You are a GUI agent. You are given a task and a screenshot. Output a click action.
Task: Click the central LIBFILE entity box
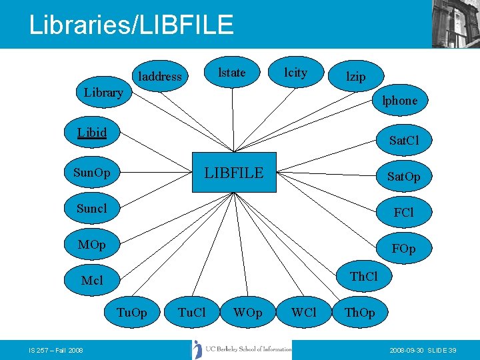tap(234, 173)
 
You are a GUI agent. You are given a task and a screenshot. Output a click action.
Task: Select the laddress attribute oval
tap(159, 76)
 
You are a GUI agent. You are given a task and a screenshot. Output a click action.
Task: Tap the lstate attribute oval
tap(232, 73)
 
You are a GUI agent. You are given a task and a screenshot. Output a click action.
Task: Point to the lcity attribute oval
tap(295, 73)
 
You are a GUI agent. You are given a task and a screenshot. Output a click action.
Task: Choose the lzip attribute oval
tap(356, 76)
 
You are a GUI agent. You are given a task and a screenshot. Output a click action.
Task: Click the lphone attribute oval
tap(399, 101)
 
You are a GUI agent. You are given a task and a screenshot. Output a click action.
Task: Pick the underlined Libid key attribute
tap(92, 131)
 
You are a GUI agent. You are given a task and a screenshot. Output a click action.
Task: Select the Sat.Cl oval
tap(404, 141)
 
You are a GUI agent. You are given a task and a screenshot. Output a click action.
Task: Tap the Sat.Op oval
tap(404, 177)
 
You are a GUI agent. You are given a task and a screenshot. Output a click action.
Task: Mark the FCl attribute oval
tap(404, 213)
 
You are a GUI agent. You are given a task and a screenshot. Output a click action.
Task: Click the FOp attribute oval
tap(404, 249)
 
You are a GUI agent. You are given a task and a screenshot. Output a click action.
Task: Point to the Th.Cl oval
tap(364, 276)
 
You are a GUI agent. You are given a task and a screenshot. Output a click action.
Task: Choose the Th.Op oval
tap(359, 312)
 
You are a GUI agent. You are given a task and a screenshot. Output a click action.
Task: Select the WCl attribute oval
tap(304, 312)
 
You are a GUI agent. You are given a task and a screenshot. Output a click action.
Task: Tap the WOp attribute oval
tap(247, 312)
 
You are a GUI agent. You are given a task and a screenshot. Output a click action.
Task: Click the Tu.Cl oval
tap(192, 312)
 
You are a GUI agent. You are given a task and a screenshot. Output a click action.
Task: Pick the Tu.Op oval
tap(131, 312)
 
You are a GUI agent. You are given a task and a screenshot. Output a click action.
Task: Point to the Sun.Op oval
tap(92, 173)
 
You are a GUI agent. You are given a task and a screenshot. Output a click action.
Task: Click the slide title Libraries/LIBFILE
tap(131, 25)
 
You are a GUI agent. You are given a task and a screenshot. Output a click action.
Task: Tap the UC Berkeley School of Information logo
tap(241, 349)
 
